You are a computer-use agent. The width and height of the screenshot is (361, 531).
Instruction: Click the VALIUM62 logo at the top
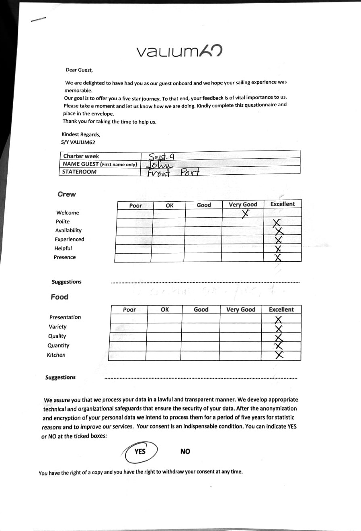tap(179, 51)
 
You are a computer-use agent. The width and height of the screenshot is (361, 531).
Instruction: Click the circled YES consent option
tap(140, 451)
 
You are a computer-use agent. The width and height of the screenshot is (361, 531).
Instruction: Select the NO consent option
tap(185, 451)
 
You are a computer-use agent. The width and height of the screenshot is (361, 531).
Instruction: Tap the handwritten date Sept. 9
tap(160, 157)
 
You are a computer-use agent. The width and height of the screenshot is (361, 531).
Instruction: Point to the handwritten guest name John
tap(160, 165)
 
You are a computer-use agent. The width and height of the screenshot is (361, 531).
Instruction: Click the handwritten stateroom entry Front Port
tap(173, 172)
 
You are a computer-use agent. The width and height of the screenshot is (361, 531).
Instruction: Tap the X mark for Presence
tap(277, 258)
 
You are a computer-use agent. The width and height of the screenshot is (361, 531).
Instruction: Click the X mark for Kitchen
tap(279, 355)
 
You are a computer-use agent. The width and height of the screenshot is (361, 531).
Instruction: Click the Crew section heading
tap(66, 194)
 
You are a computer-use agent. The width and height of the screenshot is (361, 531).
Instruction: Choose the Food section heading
tap(59, 297)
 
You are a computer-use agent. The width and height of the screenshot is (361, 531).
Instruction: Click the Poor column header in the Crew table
tap(135, 205)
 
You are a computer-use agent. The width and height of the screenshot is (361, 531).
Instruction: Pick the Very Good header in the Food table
tap(240, 309)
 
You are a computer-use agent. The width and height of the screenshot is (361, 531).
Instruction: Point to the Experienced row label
tap(70, 239)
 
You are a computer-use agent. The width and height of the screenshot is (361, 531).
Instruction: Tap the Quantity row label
tap(58, 345)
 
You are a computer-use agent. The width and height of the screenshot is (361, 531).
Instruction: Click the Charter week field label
tap(81, 156)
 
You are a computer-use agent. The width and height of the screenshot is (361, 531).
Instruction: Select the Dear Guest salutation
tap(79, 70)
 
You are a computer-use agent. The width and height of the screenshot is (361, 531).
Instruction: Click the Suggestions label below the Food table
tap(60, 377)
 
